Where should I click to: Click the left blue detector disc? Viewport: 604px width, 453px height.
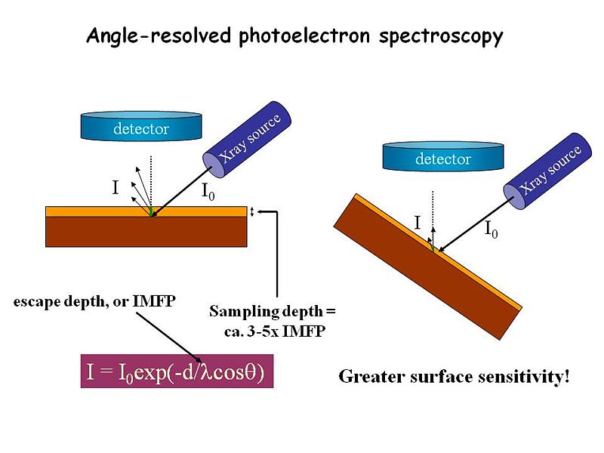pyautogui.click(x=140, y=128)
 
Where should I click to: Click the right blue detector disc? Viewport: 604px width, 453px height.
pyautogui.click(x=443, y=158)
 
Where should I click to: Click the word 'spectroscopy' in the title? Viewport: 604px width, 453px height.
pyautogui.click(x=445, y=36)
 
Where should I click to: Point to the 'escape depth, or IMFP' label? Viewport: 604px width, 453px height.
pyautogui.click(x=95, y=302)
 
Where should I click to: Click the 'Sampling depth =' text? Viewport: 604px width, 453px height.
pyautogui.click(x=272, y=312)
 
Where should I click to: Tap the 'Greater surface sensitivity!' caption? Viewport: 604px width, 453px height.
pyautogui.click(x=454, y=376)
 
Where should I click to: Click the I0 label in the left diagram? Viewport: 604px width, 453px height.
pyautogui.click(x=208, y=193)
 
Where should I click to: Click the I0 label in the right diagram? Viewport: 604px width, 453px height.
pyautogui.click(x=491, y=229)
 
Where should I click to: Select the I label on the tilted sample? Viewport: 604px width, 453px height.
pyautogui.click(x=417, y=222)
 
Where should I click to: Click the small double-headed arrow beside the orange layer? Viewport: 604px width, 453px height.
pyautogui.click(x=253, y=211)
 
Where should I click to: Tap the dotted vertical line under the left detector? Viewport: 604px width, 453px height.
pyautogui.click(x=151, y=177)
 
